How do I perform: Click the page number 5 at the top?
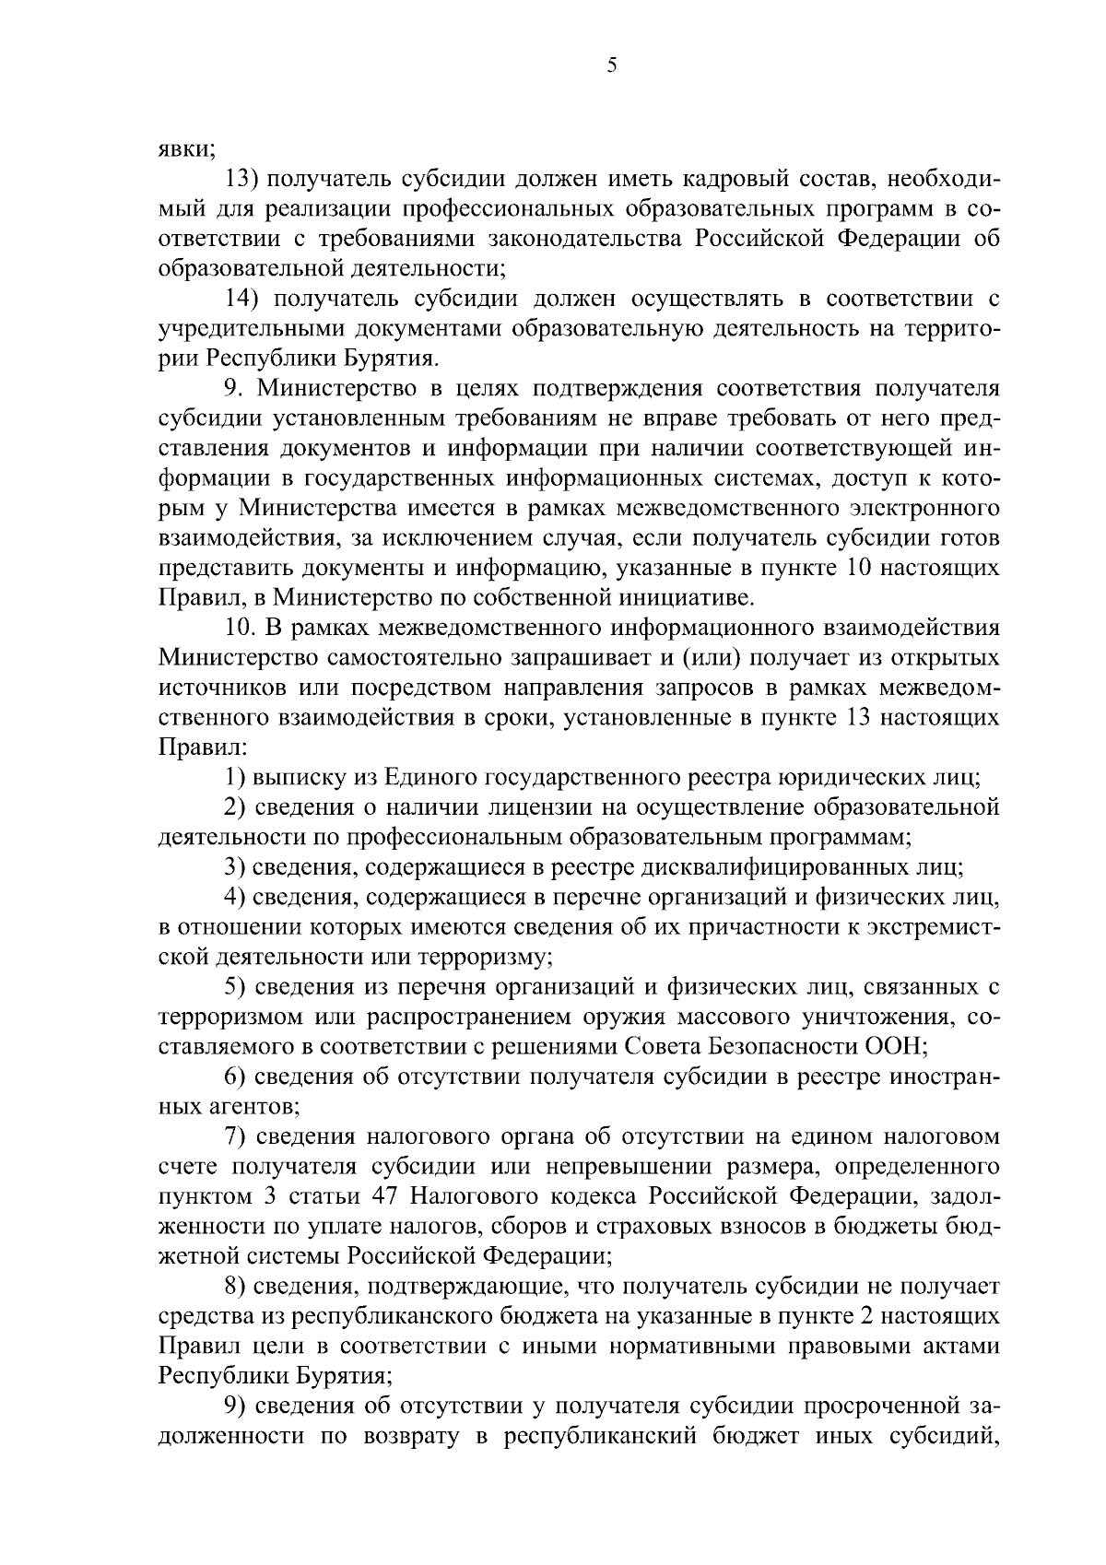pos(612,65)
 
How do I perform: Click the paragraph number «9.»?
pos(237,388)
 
